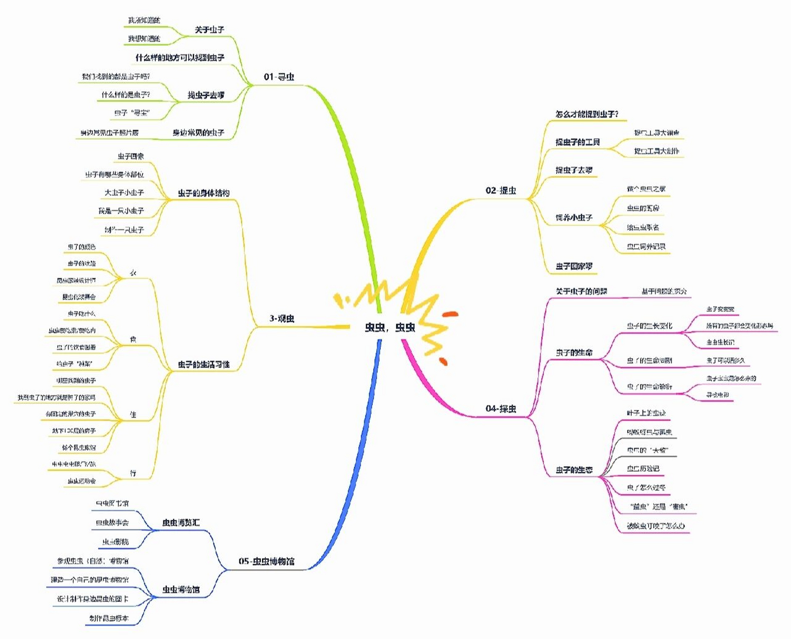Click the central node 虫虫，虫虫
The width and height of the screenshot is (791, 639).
click(390, 327)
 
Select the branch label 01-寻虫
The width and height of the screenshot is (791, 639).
click(279, 77)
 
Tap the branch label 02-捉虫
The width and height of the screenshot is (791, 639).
click(501, 190)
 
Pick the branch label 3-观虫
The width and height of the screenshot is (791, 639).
click(282, 319)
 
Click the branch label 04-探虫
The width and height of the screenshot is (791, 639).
click(501, 408)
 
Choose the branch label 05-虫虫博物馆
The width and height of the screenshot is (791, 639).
click(266, 561)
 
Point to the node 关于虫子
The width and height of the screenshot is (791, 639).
click(209, 30)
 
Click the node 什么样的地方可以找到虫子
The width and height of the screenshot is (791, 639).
click(180, 58)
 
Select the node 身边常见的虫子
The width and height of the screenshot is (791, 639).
click(198, 133)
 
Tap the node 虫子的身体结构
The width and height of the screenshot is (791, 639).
click(204, 193)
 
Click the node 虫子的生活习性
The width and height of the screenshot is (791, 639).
click(204, 365)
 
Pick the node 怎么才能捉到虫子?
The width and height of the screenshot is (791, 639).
click(587, 114)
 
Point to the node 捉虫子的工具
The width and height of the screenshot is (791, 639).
click(578, 142)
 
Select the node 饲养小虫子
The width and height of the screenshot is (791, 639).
click(574, 218)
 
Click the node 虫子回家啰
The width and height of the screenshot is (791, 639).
click(574, 267)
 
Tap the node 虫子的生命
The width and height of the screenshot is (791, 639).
click(574, 352)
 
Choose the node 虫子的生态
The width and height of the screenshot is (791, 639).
click(574, 470)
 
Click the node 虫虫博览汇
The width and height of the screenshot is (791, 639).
click(181, 523)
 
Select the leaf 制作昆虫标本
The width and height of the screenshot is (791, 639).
click(109, 619)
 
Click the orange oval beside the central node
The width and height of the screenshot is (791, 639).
click(450, 314)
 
